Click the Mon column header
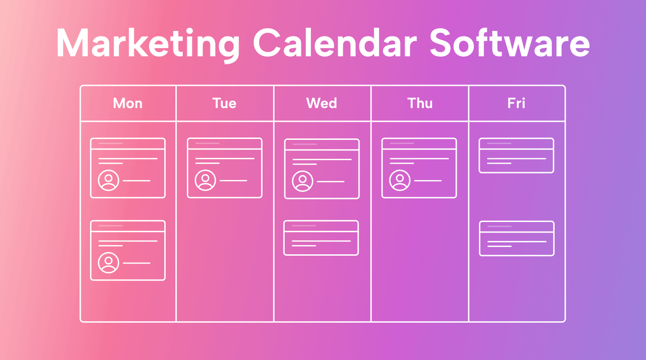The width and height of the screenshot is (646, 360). click(x=128, y=103)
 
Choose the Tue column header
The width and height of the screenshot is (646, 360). click(x=225, y=103)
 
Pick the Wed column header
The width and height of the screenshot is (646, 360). click(x=322, y=103)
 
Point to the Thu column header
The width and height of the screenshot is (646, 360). click(x=420, y=103)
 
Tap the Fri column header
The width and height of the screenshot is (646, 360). click(x=516, y=103)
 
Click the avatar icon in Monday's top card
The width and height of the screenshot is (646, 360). click(x=109, y=180)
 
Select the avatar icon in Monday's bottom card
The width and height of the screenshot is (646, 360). click(x=109, y=263)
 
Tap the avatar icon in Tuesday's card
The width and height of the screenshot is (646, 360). click(x=206, y=180)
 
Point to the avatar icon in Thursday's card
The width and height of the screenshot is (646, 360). click(x=400, y=180)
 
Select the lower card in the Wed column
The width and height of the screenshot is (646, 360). click(x=321, y=238)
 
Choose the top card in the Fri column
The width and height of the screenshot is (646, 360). click(x=516, y=156)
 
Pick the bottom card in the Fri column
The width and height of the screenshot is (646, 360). click(x=517, y=239)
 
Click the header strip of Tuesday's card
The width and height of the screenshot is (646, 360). click(x=225, y=144)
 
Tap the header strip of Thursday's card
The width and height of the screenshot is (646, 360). click(x=419, y=144)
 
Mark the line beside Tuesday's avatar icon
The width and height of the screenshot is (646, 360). click(x=233, y=180)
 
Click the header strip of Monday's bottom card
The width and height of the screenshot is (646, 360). click(x=128, y=226)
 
